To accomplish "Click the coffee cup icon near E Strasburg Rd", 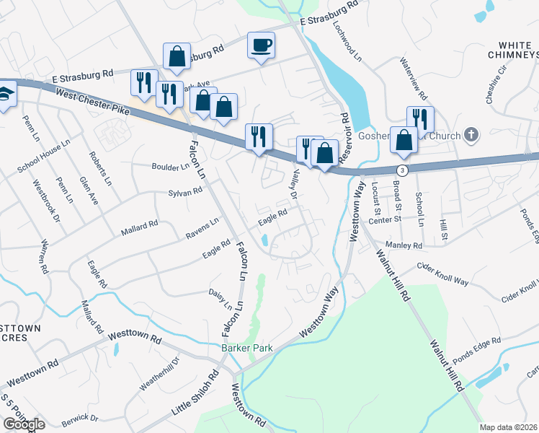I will coord(261,45).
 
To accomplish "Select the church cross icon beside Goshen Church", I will coord(471,134).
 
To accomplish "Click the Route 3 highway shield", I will coord(401,169).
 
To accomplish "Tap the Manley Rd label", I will coord(404,246).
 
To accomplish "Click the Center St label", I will coord(384,221).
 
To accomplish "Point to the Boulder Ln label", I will coord(170,166).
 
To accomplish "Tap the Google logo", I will coord(23,424).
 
